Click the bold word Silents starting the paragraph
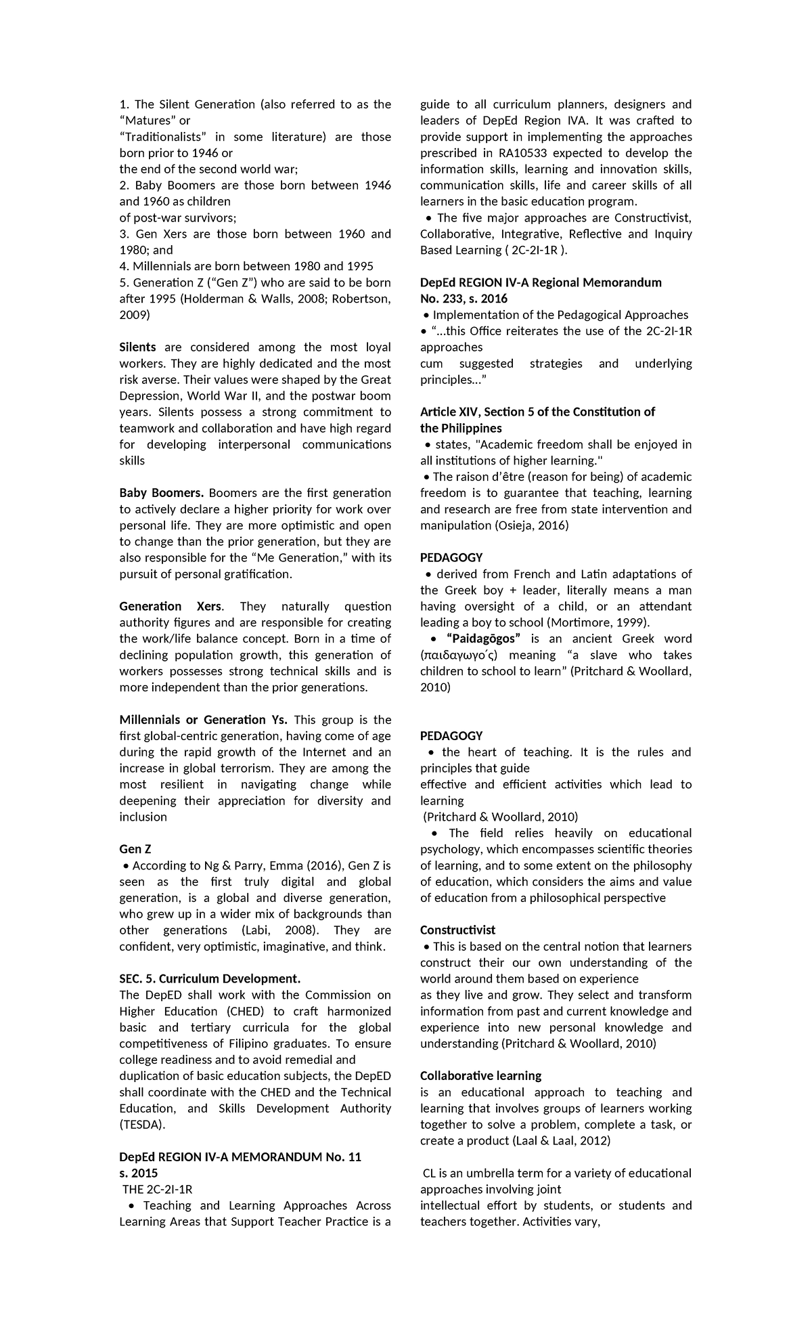pos(137,347)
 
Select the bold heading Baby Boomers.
pos(161,493)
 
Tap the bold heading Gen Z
pos(135,849)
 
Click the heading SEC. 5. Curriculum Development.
pos(209,978)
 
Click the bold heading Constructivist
pos(457,930)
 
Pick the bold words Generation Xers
pos(170,606)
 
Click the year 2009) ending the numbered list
pos(135,315)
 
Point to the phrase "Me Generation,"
pos(298,558)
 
